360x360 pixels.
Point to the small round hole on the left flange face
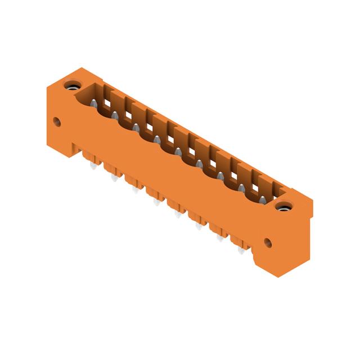(x=56, y=120)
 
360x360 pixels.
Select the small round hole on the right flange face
(x=268, y=243)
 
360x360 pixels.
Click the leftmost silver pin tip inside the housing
(x=93, y=103)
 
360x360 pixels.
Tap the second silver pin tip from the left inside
(x=115, y=115)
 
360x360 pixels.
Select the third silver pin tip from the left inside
(x=136, y=128)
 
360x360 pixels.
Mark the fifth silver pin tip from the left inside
(x=178, y=152)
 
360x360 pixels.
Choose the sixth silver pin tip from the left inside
(x=200, y=164)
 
